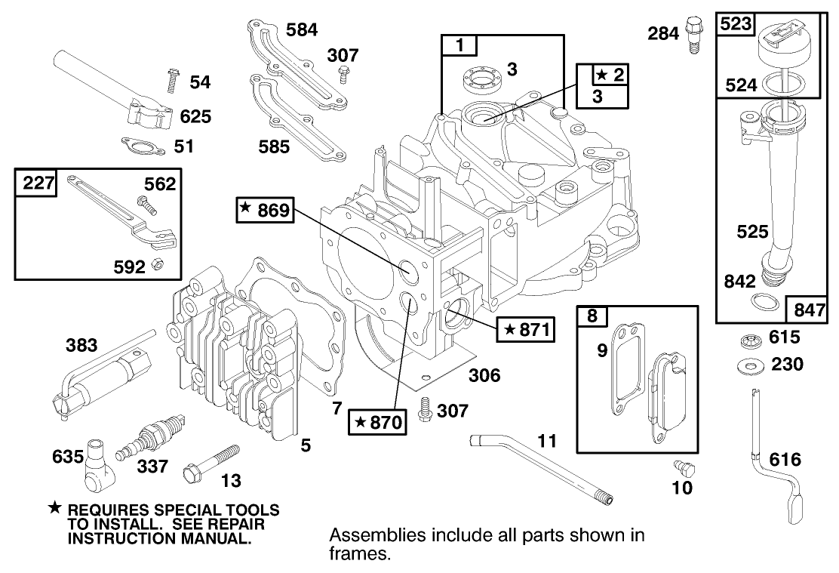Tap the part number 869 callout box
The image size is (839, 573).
click(x=263, y=211)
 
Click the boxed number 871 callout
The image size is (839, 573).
click(x=524, y=329)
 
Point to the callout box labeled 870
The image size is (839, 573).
click(x=376, y=421)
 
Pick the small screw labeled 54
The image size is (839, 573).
click(x=171, y=80)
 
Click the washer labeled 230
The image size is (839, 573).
click(x=751, y=366)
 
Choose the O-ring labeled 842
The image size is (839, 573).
click(x=764, y=302)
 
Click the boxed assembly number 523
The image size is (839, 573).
click(x=736, y=24)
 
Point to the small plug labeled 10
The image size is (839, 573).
click(x=687, y=469)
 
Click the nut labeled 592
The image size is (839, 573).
click(x=157, y=263)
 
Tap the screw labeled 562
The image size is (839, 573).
click(x=143, y=202)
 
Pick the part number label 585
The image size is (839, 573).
click(x=272, y=146)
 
